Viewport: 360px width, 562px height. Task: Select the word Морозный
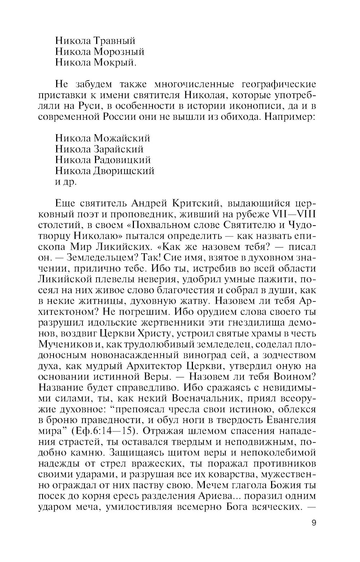coord(119,52)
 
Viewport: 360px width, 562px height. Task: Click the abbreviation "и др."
coord(66,182)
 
